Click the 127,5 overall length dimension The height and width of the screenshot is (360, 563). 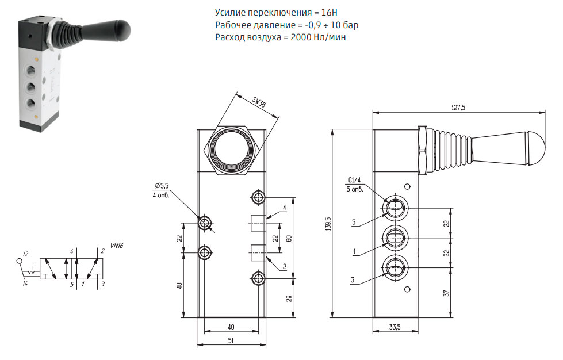tap(458, 108)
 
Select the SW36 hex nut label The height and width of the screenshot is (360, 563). tap(259, 102)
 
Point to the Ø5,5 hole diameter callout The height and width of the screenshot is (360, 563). tap(162, 186)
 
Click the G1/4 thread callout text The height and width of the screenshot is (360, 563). tap(354, 180)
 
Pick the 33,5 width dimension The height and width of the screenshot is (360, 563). tap(395, 327)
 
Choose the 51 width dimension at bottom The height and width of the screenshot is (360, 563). tap(231, 340)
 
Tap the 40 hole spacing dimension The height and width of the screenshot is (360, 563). tap(231, 327)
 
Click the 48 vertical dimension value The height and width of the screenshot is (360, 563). tap(180, 286)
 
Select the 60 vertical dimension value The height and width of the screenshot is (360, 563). tap(289, 238)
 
